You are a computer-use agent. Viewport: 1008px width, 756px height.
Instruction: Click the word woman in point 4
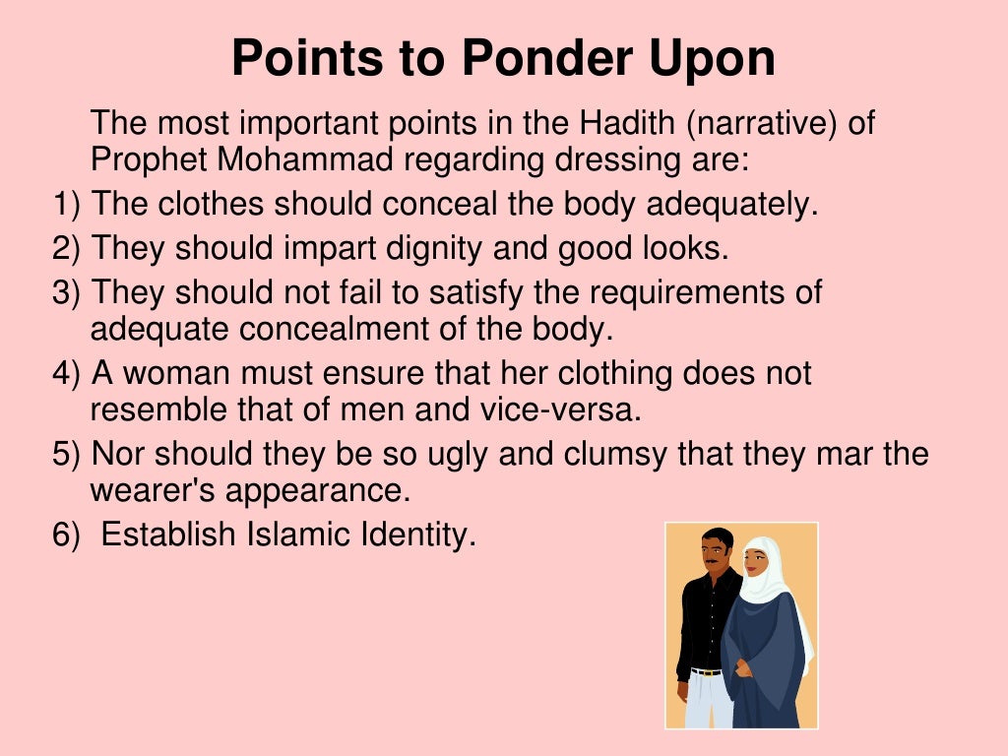click(188, 374)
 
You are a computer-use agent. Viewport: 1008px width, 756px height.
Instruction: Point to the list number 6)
click(67, 535)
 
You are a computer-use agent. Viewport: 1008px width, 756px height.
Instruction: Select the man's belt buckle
click(702, 672)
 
